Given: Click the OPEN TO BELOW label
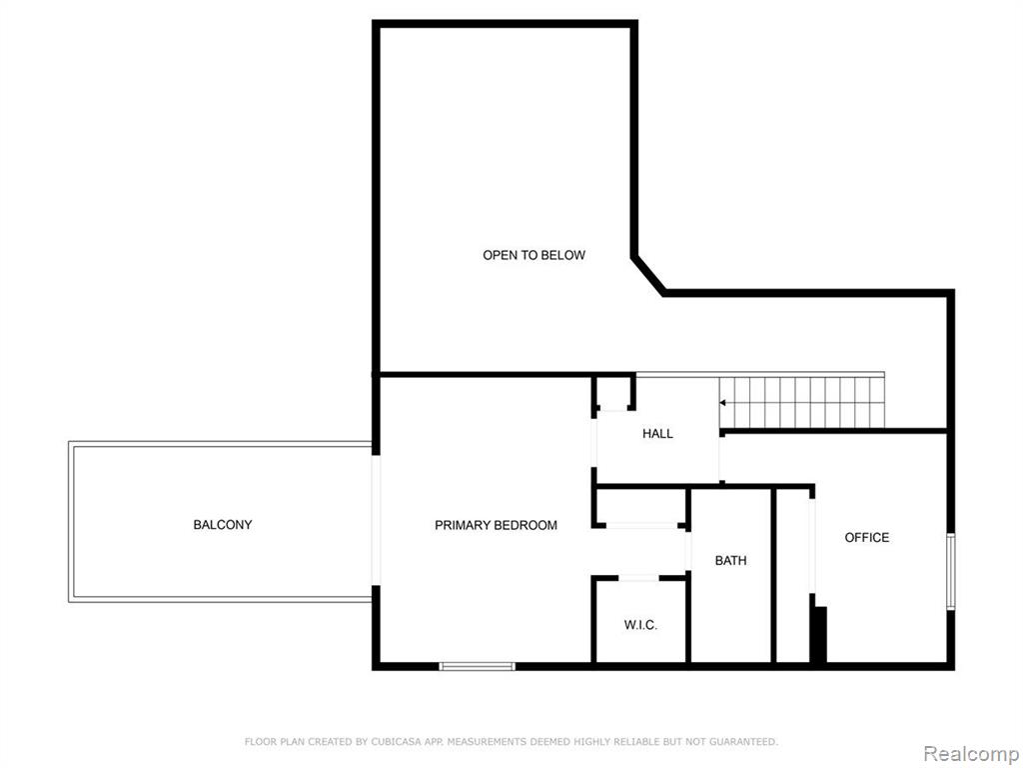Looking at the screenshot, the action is pos(533,255).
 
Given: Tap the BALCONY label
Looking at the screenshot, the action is pos(223,524).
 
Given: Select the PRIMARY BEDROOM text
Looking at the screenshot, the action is pos(496,525).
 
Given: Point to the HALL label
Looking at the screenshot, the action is pos(657,434).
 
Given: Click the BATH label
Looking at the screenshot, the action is pos(730,560).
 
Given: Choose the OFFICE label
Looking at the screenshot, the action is pos(867,537).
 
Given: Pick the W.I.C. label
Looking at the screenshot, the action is pos(640,625).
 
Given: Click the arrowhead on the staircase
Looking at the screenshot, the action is pos(723,403).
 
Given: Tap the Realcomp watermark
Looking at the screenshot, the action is pos(971,753).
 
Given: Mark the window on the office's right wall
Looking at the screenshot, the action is pos(951,572).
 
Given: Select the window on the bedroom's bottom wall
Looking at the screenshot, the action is pos(478,666).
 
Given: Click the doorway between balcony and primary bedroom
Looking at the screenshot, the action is pos(376,520).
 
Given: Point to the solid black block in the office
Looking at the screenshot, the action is pos(820,634).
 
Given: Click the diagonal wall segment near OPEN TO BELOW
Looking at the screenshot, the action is pos(648,274).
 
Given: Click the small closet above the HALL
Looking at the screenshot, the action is pos(613,392).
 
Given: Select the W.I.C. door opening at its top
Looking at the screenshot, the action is pos(638,578).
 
